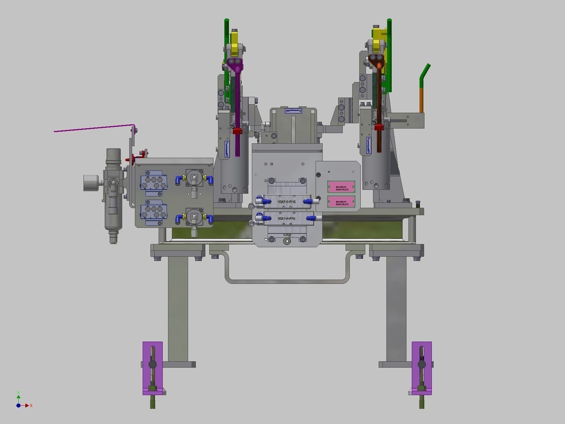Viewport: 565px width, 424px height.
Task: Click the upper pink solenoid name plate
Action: pos(341,187)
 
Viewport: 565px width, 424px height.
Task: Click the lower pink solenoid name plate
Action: pos(341,202)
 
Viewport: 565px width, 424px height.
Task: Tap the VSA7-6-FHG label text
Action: pos(286,202)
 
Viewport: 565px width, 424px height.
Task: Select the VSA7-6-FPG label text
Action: pos(286,218)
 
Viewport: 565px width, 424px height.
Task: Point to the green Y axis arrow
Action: pos(18,397)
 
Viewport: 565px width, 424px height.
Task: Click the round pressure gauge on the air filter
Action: pos(91,183)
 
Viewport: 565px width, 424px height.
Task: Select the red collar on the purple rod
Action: pos(237,131)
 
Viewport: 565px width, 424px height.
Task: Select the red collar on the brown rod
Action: pos(379,127)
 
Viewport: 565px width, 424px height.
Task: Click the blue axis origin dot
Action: pos(18,405)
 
